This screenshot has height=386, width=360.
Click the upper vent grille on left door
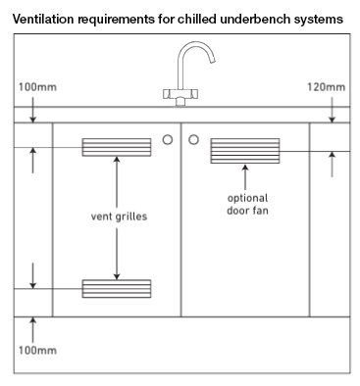[x=116, y=147]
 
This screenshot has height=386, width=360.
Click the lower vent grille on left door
[x=116, y=288]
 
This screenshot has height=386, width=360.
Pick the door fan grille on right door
[x=244, y=151]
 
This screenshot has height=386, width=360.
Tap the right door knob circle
[x=194, y=139]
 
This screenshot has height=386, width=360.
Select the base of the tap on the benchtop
[x=181, y=96]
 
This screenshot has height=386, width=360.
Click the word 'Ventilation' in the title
[x=42, y=20]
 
